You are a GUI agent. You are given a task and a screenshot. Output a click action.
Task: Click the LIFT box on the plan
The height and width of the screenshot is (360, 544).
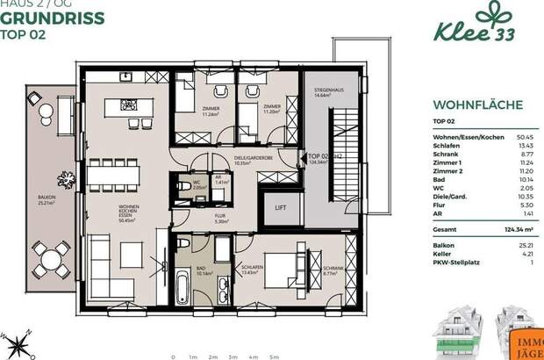281,207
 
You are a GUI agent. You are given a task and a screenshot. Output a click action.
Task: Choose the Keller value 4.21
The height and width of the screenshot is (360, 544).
526,253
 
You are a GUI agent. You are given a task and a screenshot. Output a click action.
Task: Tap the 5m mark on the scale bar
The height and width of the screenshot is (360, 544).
274,356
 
